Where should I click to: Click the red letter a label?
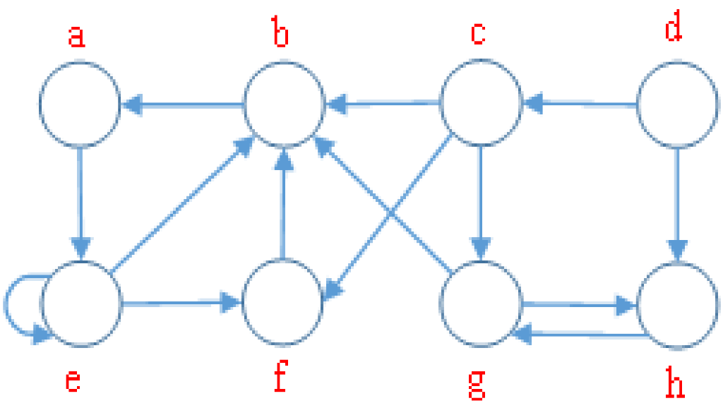[76, 36]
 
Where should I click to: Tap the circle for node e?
[81, 304]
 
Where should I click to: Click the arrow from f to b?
[283, 205]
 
